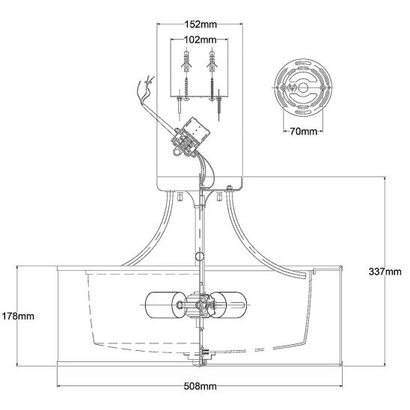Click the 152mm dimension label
pos(201,25)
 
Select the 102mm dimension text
pos(201,40)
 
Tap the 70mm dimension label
pos(303,131)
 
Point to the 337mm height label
pos(385,272)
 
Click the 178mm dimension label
pos(18,316)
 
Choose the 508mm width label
pos(200,386)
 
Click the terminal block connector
pos(188,138)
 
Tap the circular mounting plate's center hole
pos(303,88)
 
